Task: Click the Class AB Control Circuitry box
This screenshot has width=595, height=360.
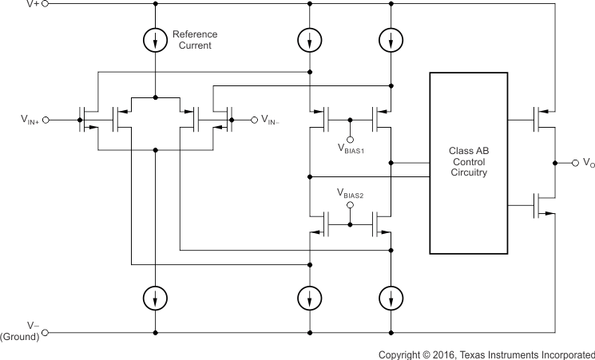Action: pyautogui.click(x=468, y=163)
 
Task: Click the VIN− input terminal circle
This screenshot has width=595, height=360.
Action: pyautogui.click(x=255, y=120)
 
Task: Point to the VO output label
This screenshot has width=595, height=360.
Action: pyautogui.click(x=589, y=164)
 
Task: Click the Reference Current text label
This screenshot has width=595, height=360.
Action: pyautogui.click(x=194, y=40)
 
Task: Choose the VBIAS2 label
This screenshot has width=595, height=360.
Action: pyautogui.click(x=351, y=194)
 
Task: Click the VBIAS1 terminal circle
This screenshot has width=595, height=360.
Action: pyautogui.click(x=351, y=137)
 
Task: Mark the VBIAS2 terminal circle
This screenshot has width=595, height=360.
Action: pyautogui.click(x=351, y=204)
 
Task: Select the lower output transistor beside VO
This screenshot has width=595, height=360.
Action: pyautogui.click(x=545, y=206)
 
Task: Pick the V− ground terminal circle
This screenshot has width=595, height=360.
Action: pyautogui.click(x=45, y=332)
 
